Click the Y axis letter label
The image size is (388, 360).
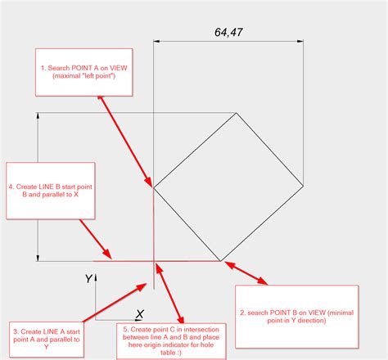[x=88, y=278]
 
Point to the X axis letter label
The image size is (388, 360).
[x=140, y=314]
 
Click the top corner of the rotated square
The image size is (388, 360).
[x=236, y=113]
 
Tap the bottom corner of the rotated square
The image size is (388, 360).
[x=221, y=261]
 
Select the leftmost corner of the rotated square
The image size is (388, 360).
[x=154, y=188]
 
